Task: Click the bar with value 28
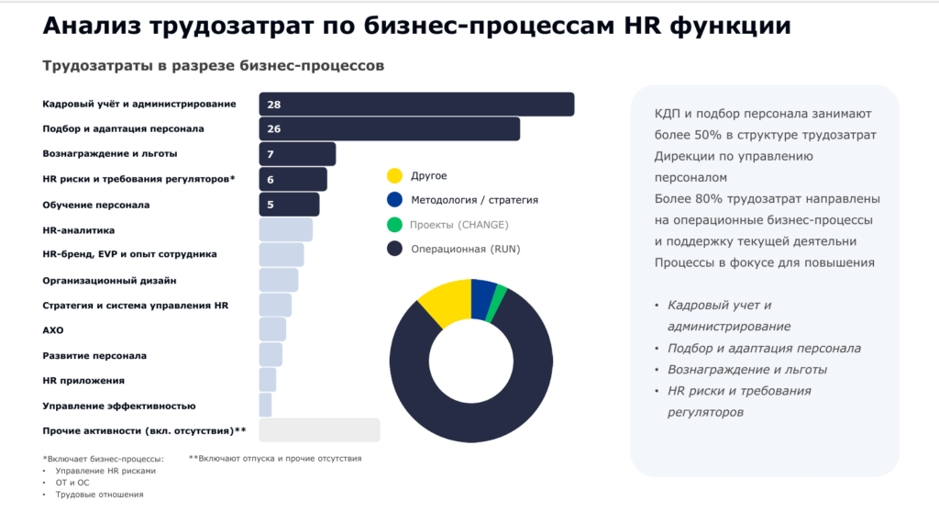pos(416,105)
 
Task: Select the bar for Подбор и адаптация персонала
pos(389,129)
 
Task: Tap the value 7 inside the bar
pos(272,154)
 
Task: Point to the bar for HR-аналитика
pos(285,229)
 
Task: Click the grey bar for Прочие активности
pos(319,430)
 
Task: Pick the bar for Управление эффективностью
pos(265,406)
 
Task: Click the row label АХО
pos(53,329)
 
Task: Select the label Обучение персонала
pos(96,205)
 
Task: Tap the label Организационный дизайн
pos(110,280)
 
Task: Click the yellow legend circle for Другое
pos(394,175)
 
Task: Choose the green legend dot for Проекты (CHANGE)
pos(394,225)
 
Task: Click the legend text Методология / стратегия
pos(474,200)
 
